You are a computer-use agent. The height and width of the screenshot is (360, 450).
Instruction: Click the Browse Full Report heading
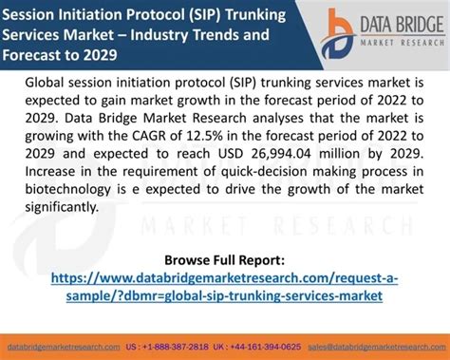click(x=224, y=259)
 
